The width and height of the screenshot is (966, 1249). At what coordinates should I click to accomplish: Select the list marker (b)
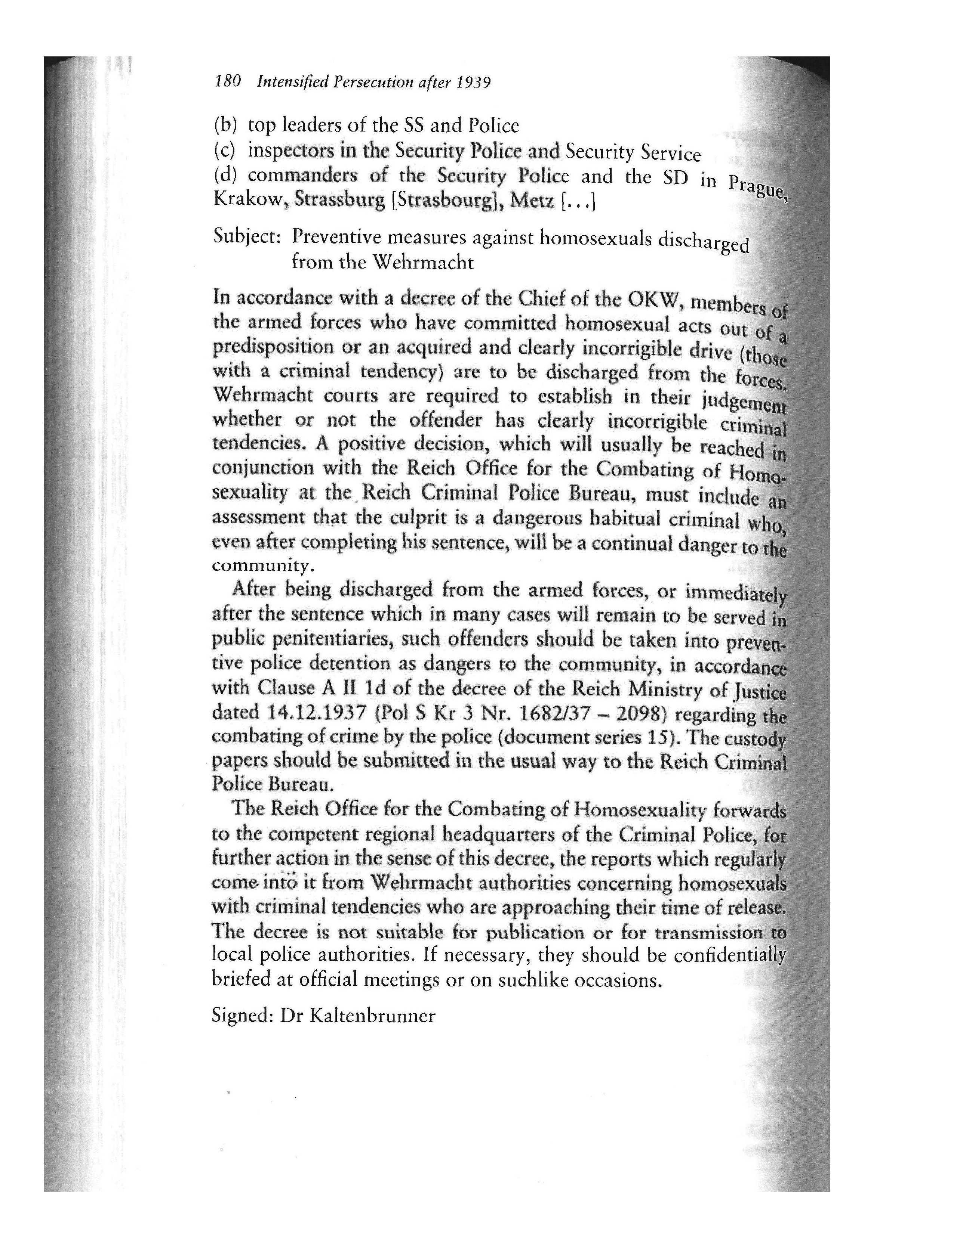(225, 125)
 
